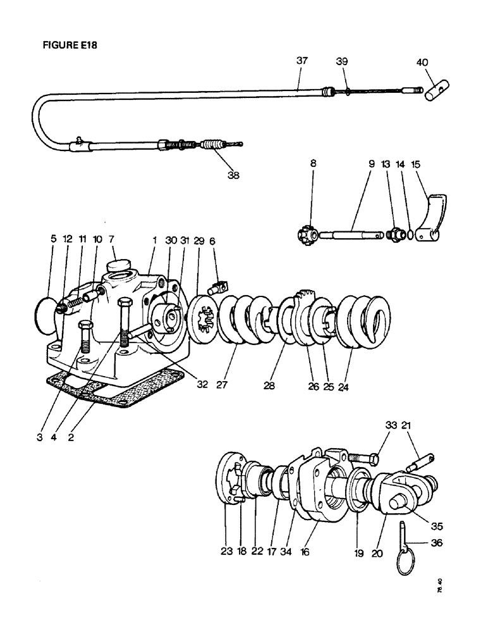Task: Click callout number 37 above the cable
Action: [x=302, y=61]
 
